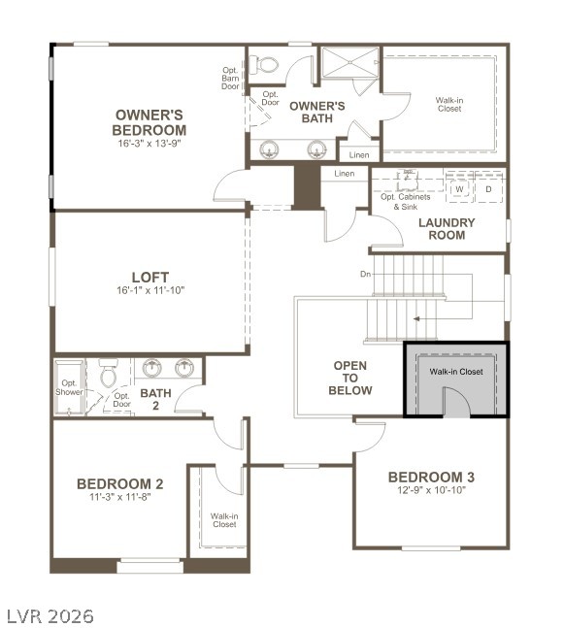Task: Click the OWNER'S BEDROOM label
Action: coord(149,122)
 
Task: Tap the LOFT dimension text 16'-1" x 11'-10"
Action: coord(149,289)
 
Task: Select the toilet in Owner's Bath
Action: coord(264,65)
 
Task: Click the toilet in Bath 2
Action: coord(109,373)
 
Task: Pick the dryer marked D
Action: coord(488,189)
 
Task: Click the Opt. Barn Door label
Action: coord(230,78)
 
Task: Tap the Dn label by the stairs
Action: coord(365,274)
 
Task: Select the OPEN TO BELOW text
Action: coord(350,378)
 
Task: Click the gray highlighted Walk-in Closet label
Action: coord(456,372)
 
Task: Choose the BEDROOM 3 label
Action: coord(431,477)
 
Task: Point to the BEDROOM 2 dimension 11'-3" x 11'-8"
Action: coord(120,496)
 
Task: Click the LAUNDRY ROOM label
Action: coord(447,228)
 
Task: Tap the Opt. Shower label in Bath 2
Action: coord(69,387)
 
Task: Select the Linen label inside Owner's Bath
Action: coord(359,154)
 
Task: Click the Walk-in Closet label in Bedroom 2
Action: coord(223,519)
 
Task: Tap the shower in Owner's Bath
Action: coord(348,64)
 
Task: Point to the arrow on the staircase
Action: coord(416,317)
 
